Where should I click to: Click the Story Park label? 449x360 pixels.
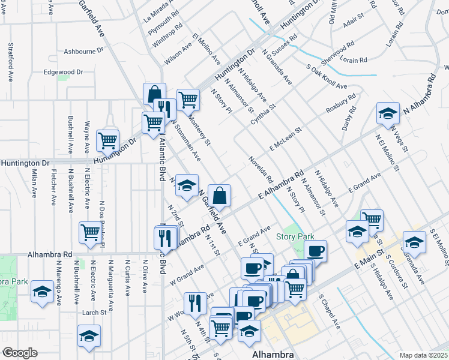pos(295,237)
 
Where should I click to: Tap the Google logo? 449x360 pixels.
pos(19,353)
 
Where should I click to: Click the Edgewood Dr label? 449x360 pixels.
pos(63,72)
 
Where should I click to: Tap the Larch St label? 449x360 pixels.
pos(94,313)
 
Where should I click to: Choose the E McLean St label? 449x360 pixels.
pos(285,137)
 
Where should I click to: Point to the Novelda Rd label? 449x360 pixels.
pos(261,170)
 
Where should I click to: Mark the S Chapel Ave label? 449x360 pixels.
pos(329,311)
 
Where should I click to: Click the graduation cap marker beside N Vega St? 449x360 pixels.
pos(388,113)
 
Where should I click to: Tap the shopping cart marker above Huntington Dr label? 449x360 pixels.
pos(107,140)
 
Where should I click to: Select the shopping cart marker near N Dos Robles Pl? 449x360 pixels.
pos(90,232)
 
